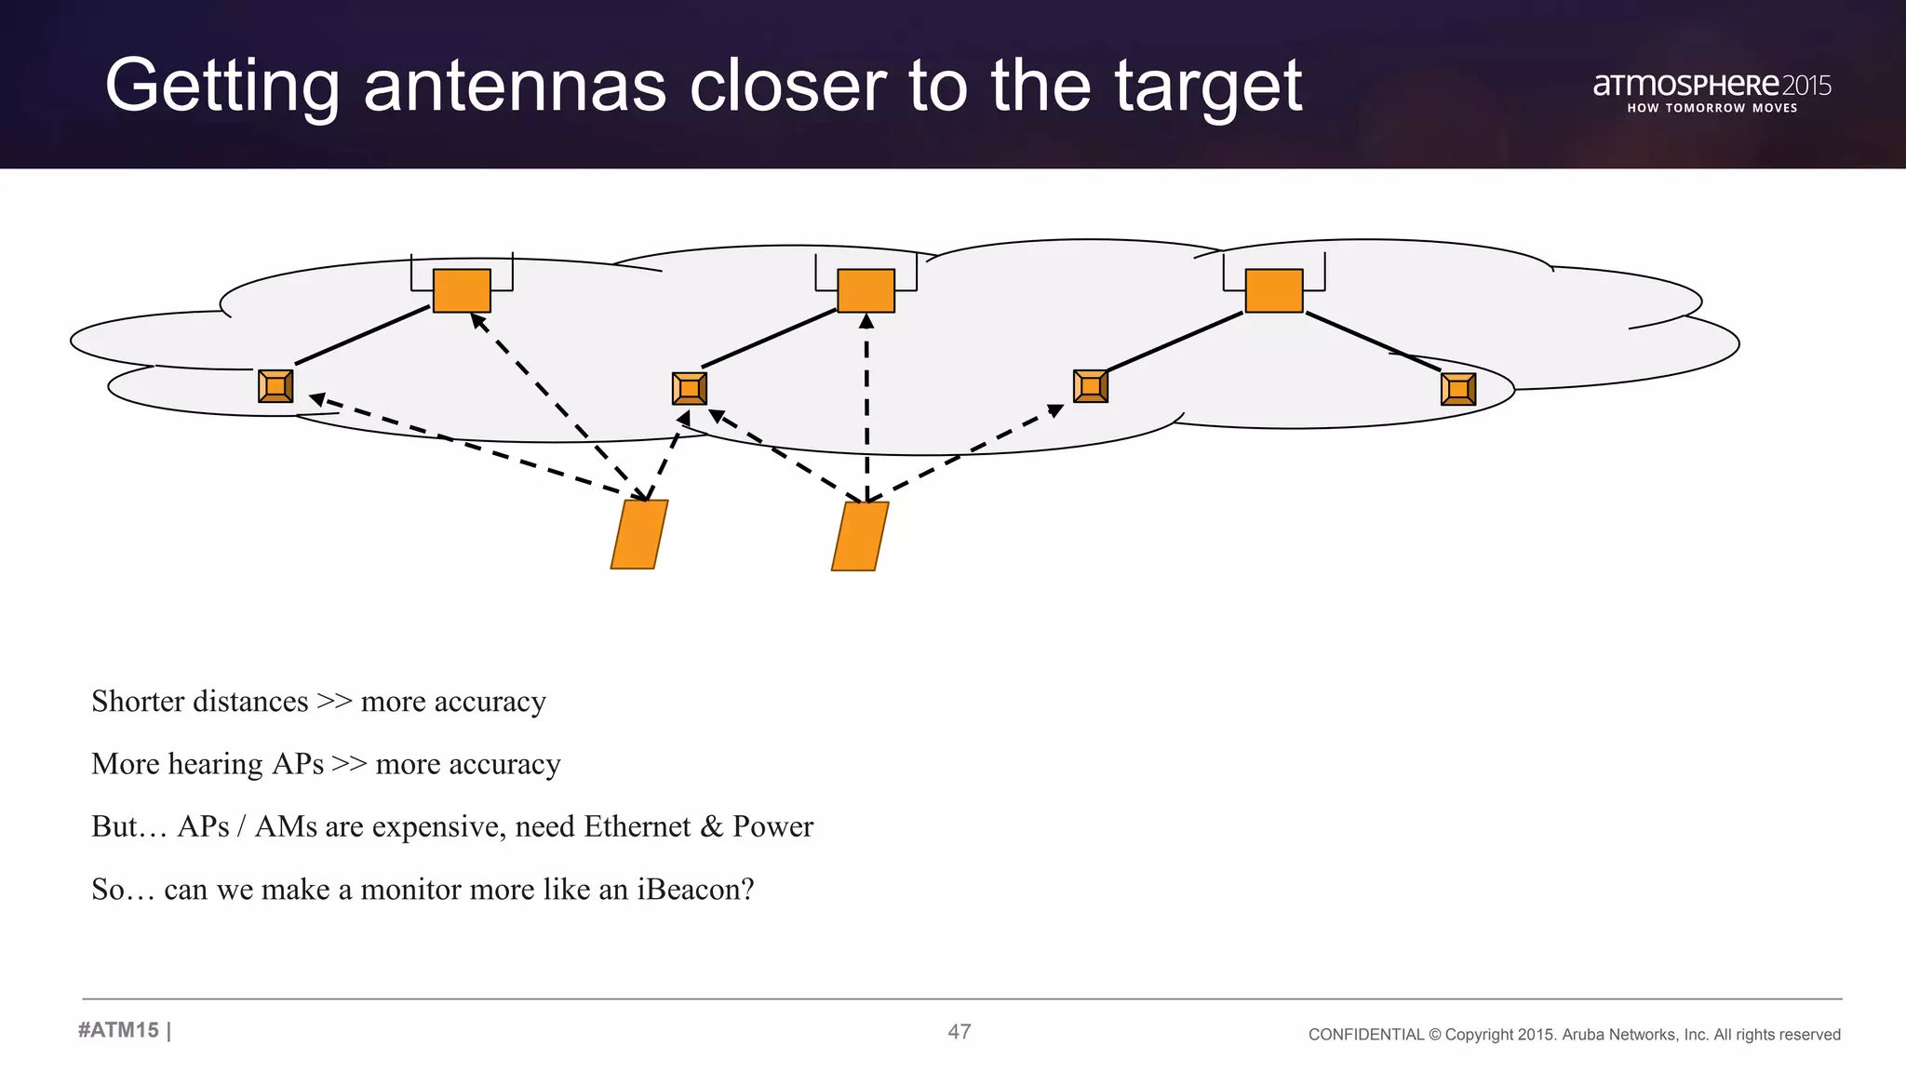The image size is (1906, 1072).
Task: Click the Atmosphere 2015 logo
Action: tap(1711, 91)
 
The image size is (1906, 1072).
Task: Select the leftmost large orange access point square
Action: tap(462, 290)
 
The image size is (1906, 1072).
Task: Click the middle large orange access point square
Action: tap(866, 290)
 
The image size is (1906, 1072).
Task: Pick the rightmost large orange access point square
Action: tap(1273, 290)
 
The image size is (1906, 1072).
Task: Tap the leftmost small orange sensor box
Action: tap(275, 386)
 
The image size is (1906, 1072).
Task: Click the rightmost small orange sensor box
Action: tap(1457, 389)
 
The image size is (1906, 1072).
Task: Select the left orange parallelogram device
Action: tap(639, 534)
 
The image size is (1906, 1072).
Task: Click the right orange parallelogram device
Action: tap(860, 536)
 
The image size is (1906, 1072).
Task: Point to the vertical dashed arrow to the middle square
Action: tap(866, 409)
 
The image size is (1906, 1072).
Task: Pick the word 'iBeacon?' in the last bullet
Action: tap(695, 890)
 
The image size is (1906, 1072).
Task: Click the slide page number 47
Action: tap(960, 1031)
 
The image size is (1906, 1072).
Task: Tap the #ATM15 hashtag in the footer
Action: tap(119, 1030)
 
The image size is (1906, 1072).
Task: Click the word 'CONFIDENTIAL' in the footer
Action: tap(1365, 1035)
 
